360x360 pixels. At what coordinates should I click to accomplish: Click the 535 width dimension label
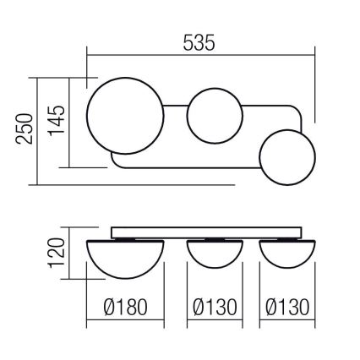[199, 41]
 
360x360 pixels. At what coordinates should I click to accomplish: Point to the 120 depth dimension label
[56, 252]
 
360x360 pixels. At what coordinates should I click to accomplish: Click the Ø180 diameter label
[124, 306]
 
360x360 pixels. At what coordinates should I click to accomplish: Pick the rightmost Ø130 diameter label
[287, 306]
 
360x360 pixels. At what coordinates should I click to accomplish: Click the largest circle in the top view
[124, 117]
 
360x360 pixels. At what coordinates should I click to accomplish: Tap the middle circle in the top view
[214, 117]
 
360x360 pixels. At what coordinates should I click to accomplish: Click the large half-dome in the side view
[124, 257]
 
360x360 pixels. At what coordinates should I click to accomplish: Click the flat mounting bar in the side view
[207, 232]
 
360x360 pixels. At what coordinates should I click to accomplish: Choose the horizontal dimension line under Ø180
[124, 322]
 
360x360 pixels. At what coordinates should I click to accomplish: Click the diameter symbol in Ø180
[102, 306]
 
